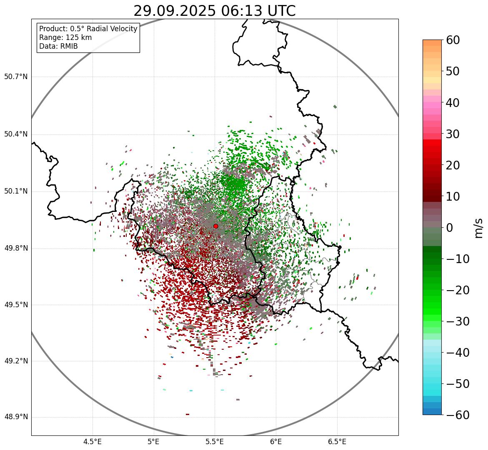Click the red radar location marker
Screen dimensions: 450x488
click(x=215, y=226)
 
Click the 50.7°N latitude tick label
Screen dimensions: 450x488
click(x=16, y=77)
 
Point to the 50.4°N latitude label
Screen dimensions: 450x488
click(x=16, y=134)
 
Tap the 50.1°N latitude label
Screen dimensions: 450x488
click(x=16, y=191)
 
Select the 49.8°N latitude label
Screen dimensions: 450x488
click(x=16, y=249)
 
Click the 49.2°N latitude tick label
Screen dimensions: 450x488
click(x=16, y=361)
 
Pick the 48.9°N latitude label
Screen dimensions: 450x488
click(x=16, y=417)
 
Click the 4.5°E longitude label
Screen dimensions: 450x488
click(x=93, y=442)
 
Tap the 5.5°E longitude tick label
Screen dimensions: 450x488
click(x=215, y=442)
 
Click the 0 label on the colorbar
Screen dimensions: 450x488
click(x=450, y=228)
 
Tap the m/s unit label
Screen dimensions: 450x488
click(x=478, y=228)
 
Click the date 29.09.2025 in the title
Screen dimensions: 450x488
click(x=174, y=11)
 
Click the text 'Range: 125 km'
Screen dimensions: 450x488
click(x=65, y=37)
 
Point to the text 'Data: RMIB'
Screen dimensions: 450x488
click(x=58, y=46)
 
